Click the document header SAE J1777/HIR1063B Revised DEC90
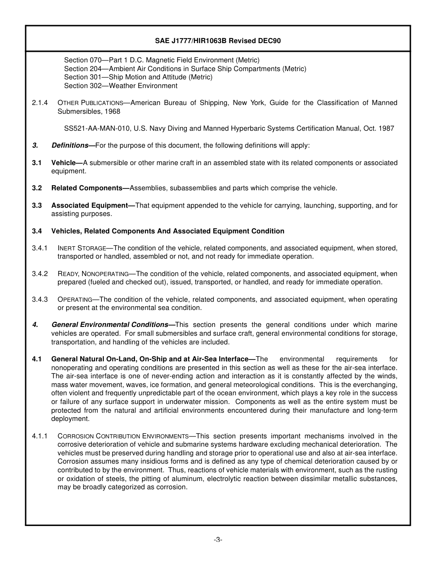click(218, 41)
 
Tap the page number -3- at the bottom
click(218, 540)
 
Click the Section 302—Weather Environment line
click(121, 86)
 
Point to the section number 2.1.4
click(40, 103)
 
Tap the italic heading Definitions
click(70, 145)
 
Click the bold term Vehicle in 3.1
click(64, 163)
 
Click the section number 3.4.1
click(40, 248)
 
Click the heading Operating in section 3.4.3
click(75, 299)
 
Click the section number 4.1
click(37, 359)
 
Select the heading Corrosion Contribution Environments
click(123, 436)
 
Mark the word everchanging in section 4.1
click(375, 385)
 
